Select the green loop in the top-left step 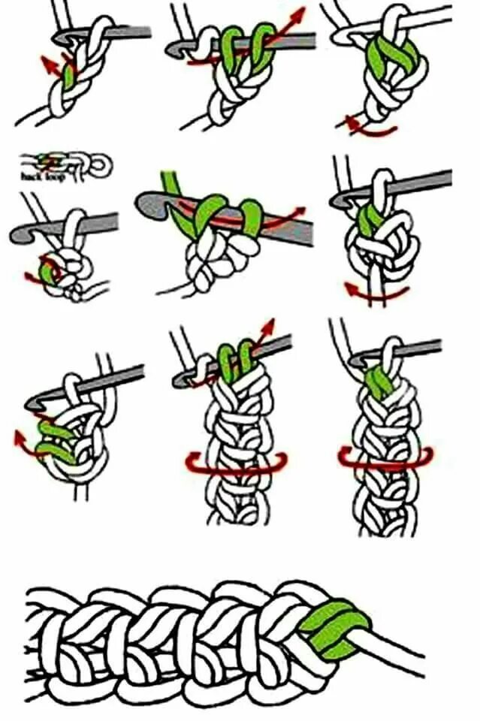[70, 75]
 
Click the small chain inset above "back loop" [68, 161]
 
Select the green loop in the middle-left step [50, 270]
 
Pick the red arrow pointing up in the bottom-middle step [266, 327]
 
